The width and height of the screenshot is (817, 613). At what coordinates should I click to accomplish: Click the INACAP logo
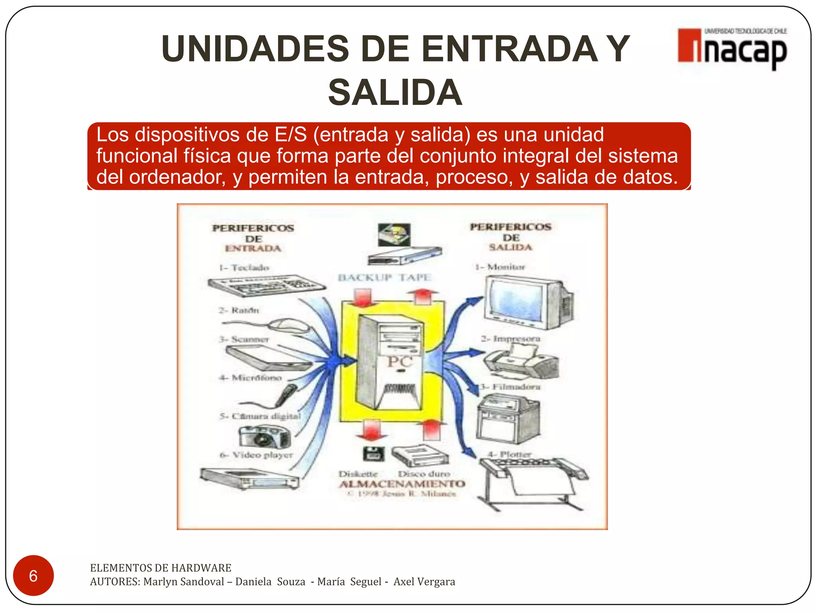(x=732, y=48)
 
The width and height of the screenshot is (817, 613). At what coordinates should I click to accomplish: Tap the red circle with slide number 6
(x=33, y=575)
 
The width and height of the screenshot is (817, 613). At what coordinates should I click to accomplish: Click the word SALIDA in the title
(x=395, y=93)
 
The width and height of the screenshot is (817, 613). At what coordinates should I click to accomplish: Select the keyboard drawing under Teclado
(x=266, y=285)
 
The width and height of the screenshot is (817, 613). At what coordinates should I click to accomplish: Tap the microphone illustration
(x=286, y=394)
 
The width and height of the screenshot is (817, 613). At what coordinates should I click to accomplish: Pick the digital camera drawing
(x=264, y=436)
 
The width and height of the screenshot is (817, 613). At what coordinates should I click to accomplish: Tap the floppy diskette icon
(x=373, y=454)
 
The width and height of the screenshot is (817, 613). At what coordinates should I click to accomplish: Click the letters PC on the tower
(x=400, y=362)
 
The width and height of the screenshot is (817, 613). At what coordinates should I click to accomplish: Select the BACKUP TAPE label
(x=385, y=277)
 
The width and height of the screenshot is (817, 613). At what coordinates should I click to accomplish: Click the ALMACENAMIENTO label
(x=402, y=484)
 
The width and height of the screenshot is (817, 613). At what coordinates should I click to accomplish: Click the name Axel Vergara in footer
(x=424, y=581)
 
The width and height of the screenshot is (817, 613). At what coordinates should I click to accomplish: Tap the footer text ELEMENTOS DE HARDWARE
(x=160, y=568)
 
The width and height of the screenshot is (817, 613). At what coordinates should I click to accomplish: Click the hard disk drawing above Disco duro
(x=420, y=455)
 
